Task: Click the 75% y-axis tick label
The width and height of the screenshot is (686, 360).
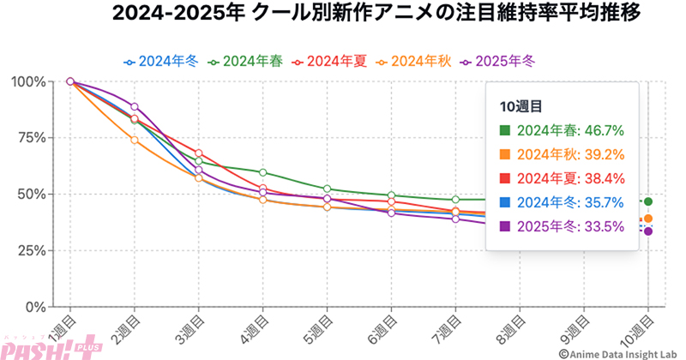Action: tap(31, 138)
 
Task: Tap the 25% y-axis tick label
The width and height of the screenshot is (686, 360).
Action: tap(31, 250)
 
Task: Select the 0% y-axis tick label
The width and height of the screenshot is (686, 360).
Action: tap(35, 307)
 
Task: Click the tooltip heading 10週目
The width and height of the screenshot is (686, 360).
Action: tap(521, 105)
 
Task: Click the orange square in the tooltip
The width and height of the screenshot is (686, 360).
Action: tap(504, 154)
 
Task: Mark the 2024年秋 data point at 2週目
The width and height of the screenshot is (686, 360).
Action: tap(135, 140)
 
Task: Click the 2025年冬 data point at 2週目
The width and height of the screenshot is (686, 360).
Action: tap(135, 106)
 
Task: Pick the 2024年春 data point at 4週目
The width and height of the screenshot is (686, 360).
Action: tap(262, 173)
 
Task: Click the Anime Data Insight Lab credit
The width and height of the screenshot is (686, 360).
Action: tap(617, 351)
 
